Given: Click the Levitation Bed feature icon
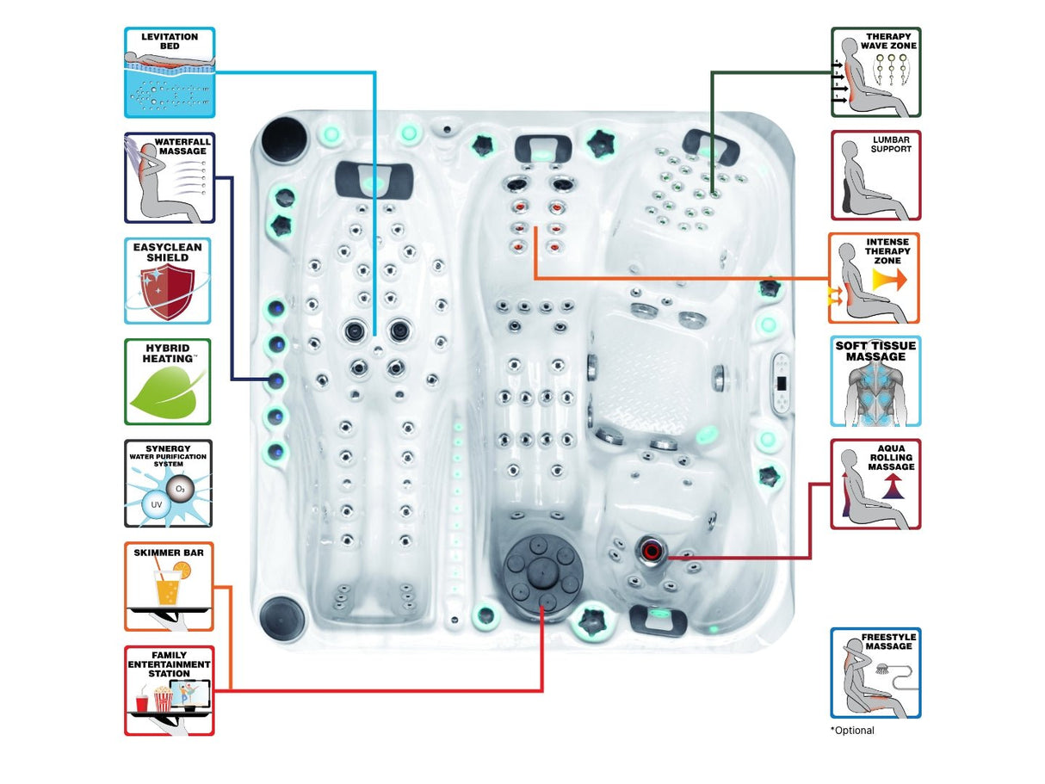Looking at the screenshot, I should pos(170,72).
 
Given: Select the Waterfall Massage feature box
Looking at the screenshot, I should pos(170,178).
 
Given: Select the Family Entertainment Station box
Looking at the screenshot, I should pos(170,691).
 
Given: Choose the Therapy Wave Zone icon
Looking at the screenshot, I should pos(876,72).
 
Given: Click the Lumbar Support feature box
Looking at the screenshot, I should pos(876,176).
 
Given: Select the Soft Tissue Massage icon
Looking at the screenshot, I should pos(875,381).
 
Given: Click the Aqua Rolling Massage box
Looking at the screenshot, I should pos(876,485).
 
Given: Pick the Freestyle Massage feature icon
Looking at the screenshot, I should pos(876,673).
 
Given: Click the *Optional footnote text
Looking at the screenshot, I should pos(852,731).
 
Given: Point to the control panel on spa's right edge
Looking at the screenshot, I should pos(782,385).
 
